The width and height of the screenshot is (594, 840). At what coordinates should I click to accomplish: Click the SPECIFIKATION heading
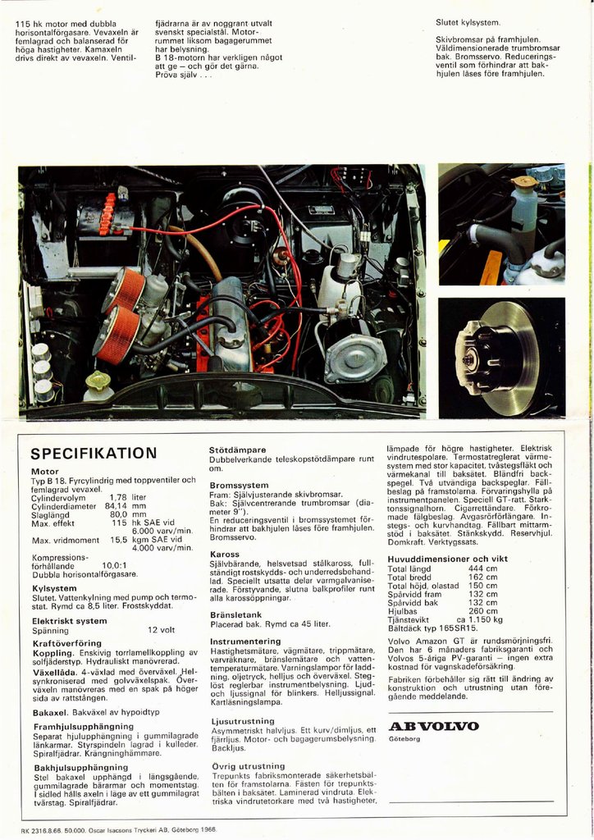[x=94, y=454]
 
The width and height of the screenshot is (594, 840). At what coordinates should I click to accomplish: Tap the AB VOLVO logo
[x=433, y=726]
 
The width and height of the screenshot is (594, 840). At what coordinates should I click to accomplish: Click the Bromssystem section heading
[x=239, y=485]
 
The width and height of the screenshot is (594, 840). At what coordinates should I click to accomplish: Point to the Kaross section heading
[x=225, y=554]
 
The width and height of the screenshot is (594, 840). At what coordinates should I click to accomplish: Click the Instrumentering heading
[x=245, y=641]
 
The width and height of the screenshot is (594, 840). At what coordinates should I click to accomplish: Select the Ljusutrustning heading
[x=242, y=721]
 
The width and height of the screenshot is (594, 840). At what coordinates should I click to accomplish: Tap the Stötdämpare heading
[x=238, y=450]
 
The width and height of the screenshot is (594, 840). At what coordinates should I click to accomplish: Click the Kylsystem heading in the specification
[x=54, y=588]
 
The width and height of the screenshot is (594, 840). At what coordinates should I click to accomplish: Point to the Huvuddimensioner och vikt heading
[x=447, y=559]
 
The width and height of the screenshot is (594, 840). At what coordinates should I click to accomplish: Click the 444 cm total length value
[x=482, y=568]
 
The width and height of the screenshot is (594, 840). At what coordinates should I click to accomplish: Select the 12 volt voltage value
[x=162, y=631]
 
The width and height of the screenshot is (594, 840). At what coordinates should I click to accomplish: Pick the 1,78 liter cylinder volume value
[x=127, y=497]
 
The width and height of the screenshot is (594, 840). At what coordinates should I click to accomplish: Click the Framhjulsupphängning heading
[x=84, y=726]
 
